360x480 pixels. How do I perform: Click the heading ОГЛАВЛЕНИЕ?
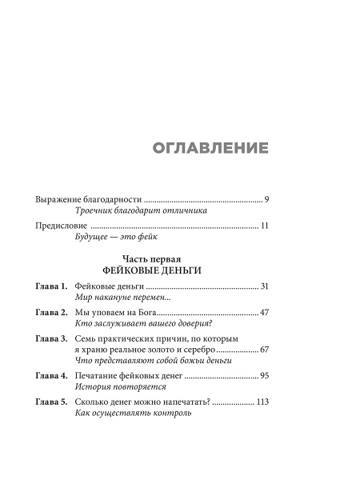209,149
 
